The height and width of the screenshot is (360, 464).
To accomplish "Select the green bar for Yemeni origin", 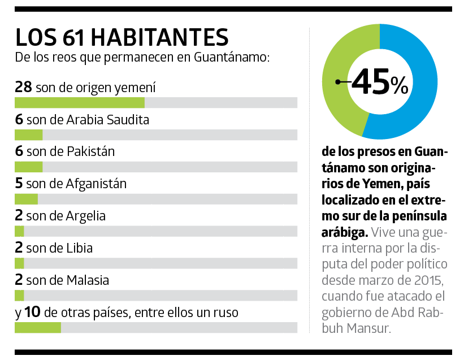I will [79, 102].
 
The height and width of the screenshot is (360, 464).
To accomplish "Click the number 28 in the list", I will [24, 88].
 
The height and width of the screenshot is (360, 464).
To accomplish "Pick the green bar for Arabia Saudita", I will [28, 135].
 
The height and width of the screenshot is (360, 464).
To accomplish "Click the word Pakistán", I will [90, 151].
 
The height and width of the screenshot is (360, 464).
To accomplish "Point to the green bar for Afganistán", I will [26, 199].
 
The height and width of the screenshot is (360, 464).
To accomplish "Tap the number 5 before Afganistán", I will [19, 184].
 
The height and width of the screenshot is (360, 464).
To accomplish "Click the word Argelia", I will [86, 216].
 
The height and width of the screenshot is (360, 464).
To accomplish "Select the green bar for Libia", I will [19, 263].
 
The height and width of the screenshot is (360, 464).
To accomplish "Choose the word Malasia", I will [88, 280].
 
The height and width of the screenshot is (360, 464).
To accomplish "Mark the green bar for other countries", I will [37, 328].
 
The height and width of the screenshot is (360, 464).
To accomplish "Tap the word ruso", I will [225, 313].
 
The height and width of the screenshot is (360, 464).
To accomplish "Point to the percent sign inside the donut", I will [399, 86].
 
